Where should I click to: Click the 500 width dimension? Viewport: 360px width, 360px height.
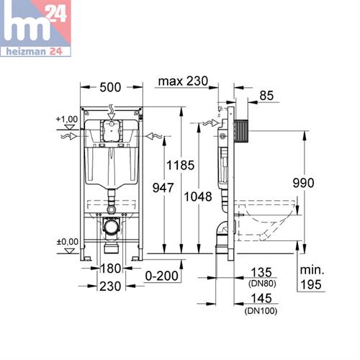click(109, 87)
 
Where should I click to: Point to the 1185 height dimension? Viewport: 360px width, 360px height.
click(181, 166)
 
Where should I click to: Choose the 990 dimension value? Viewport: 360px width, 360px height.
click(303, 183)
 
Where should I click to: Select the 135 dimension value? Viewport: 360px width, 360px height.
click(261, 273)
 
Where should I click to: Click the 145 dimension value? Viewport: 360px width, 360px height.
click(261, 298)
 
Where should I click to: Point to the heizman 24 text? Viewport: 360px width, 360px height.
click(32, 52)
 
